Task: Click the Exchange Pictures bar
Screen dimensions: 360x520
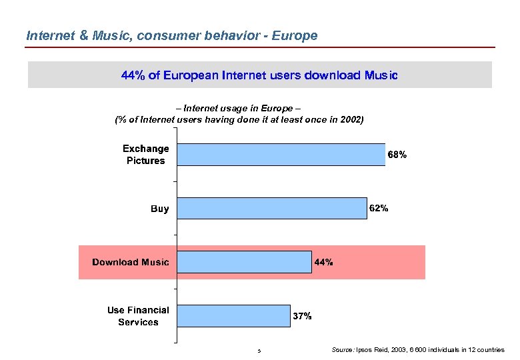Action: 281,154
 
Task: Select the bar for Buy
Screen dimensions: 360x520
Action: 272,208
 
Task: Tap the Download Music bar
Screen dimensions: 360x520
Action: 244,262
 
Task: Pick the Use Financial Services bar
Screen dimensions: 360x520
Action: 233,316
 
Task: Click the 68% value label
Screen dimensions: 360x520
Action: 397,155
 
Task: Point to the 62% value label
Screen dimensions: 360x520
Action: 379,208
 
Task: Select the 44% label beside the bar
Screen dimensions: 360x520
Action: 323,262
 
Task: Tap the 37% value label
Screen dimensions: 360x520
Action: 302,316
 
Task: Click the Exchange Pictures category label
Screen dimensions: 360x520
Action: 145,154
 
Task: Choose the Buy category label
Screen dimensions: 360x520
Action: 160,209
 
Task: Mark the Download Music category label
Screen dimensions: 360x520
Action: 131,262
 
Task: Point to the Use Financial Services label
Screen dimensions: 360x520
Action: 138,316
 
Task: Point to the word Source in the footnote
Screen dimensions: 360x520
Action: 343,349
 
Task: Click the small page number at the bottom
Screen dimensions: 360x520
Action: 259,351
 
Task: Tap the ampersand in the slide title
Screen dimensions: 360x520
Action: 83,35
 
